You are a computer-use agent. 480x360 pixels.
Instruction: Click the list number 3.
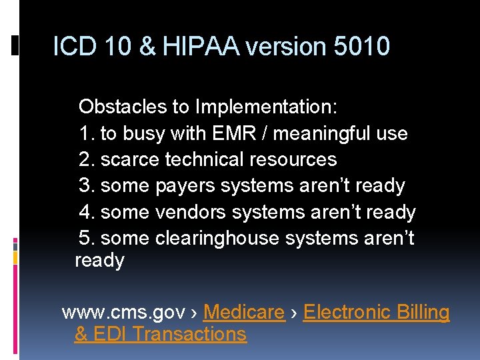pyautogui.click(x=85, y=185)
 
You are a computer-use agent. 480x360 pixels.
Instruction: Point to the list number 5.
pyautogui.click(x=85, y=238)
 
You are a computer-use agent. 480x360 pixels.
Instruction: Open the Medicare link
pyautogui.click(x=243, y=312)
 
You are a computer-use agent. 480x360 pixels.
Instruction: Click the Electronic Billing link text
pyautogui.click(x=376, y=312)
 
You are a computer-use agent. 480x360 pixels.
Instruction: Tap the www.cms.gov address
pyautogui.click(x=123, y=312)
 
